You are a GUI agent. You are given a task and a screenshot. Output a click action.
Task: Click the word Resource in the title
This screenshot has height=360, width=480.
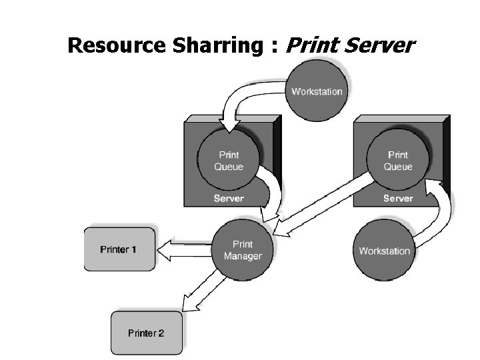click(108, 45)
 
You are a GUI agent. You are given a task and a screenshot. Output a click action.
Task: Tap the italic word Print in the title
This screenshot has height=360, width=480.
click(309, 45)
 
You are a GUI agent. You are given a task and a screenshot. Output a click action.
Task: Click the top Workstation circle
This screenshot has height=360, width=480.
click(317, 91)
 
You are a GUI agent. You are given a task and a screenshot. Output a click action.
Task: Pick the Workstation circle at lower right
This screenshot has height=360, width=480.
click(384, 251)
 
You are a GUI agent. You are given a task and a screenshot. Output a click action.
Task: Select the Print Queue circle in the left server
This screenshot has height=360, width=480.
click(229, 161)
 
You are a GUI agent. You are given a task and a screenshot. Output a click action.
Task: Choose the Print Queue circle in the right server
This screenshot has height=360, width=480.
click(398, 161)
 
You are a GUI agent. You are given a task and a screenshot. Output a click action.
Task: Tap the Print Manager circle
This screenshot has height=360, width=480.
click(243, 250)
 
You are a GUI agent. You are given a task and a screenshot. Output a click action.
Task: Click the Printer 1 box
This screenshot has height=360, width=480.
click(119, 250)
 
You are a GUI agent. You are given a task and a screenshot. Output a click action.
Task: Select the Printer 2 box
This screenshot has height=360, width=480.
click(145, 333)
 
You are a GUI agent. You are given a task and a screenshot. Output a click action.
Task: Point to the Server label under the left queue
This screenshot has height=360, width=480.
click(229, 198)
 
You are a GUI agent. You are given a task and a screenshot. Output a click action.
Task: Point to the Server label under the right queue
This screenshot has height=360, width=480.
click(398, 198)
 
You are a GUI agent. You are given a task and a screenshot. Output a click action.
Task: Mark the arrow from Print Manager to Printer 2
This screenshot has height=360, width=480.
click(200, 293)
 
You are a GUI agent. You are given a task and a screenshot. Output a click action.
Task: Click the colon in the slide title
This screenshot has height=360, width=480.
click(275, 47)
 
